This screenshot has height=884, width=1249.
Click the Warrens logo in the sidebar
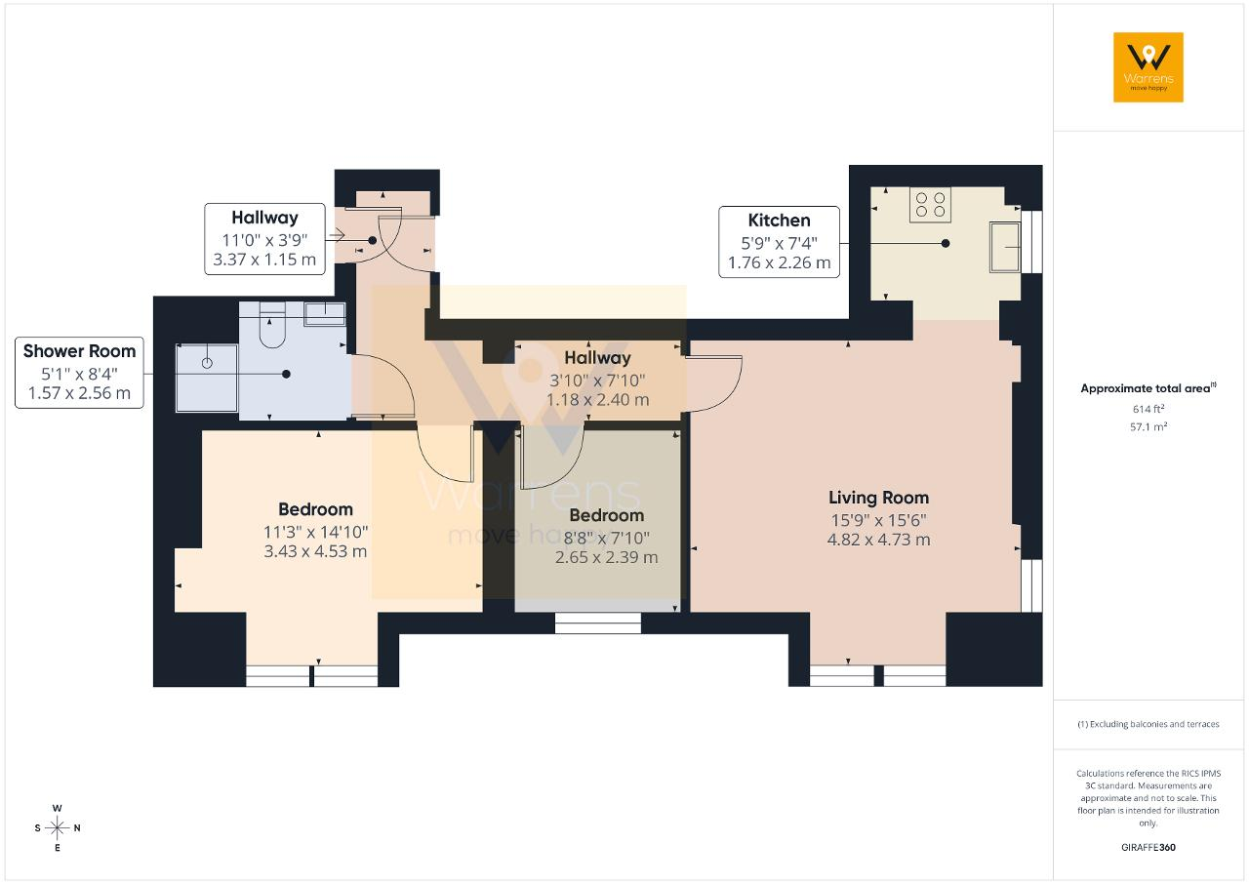pyautogui.click(x=1148, y=67)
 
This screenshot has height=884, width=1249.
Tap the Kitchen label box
pyautogui.click(x=779, y=242)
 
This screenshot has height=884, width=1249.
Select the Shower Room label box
pyautogui.click(x=79, y=373)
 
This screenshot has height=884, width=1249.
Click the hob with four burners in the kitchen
pyautogui.click(x=930, y=205)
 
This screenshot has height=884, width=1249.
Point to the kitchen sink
pyautogui.click(x=1005, y=247)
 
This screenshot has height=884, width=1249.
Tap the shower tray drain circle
pyautogui.click(x=207, y=363)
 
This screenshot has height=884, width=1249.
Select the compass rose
pyautogui.click(x=58, y=827)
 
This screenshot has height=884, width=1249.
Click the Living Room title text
pyautogui.click(x=878, y=498)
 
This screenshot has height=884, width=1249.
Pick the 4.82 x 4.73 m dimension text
pyautogui.click(x=878, y=540)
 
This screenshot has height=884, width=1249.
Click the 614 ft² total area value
pyautogui.click(x=1148, y=409)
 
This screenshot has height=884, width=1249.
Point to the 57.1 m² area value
pyautogui.click(x=1148, y=426)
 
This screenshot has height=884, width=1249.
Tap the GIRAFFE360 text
pyautogui.click(x=1148, y=847)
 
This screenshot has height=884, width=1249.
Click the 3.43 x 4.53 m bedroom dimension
pyautogui.click(x=315, y=551)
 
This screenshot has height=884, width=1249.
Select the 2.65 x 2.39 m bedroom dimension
pyautogui.click(x=606, y=557)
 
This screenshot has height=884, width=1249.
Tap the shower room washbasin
pyautogui.click(x=325, y=314)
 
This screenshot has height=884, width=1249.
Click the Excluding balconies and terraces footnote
pyautogui.click(x=1148, y=724)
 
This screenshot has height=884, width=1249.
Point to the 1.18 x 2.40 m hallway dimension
pyautogui.click(x=597, y=400)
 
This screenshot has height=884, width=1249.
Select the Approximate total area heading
pyautogui.click(x=1148, y=388)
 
